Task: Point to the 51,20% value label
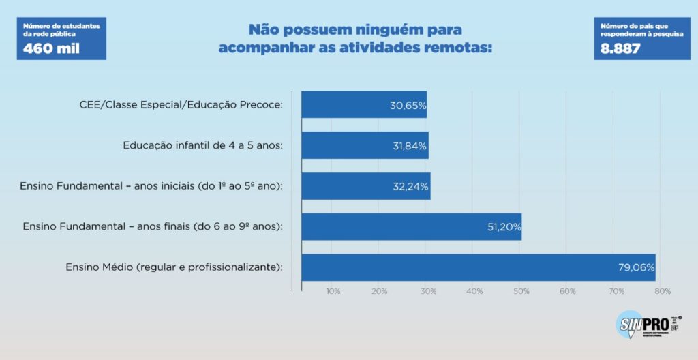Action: [x=503, y=227]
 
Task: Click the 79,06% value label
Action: [x=637, y=268]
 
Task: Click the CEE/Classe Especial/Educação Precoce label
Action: [x=181, y=105]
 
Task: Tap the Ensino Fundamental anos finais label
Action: [x=153, y=226]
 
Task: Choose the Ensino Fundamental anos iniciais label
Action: [x=151, y=185]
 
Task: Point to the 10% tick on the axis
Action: [x=333, y=291]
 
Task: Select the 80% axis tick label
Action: [x=662, y=291]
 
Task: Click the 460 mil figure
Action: [x=52, y=48]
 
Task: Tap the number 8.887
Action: [x=620, y=49]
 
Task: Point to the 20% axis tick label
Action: [x=380, y=291]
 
